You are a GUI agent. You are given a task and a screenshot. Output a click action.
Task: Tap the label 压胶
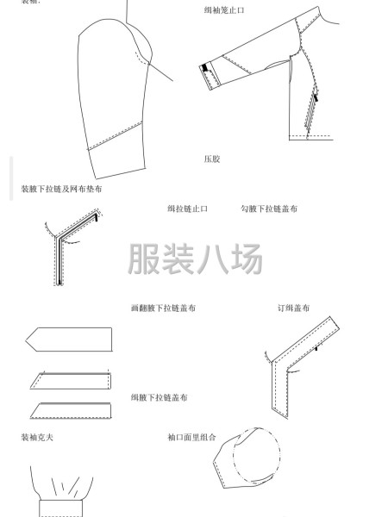point(212,159)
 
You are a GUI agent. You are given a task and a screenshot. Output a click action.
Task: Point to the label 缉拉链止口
point(188,209)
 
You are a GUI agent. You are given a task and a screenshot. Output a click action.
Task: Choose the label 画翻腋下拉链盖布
point(162,308)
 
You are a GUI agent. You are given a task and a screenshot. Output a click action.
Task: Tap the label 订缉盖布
point(293,308)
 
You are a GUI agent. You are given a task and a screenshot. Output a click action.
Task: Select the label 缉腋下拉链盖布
point(160,397)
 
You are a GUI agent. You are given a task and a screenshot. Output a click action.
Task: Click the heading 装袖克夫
point(38,437)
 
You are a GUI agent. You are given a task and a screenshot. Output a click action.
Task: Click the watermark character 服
point(144,258)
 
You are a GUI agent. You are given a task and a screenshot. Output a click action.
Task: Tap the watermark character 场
point(246,258)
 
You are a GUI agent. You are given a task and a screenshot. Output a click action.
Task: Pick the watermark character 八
point(212,258)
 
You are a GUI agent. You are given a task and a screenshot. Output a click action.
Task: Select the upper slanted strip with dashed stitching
point(72,380)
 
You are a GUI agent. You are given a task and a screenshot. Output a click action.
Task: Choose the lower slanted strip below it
point(72,409)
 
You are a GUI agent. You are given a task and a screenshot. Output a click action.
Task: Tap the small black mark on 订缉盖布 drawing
point(317,350)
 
